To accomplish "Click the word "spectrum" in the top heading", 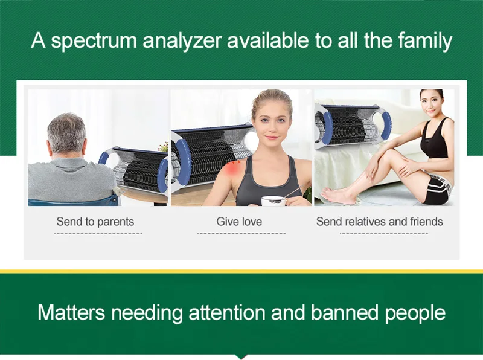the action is tap(94, 41).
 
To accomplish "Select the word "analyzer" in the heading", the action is tap(182, 40).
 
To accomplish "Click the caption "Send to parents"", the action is tap(95, 222).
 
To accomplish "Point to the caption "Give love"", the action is tap(239, 221).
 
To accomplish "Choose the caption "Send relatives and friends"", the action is tap(380, 221).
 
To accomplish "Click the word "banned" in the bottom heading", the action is tap(344, 312).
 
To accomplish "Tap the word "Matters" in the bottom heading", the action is tap(71, 312).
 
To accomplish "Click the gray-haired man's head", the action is tap(67, 133).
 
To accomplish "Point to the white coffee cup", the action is tap(273, 201).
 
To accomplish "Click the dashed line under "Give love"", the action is tap(241, 233).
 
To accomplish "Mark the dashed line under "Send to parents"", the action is tap(98, 234).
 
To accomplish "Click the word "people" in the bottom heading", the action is tap(415, 313).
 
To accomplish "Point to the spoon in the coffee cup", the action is tap(292, 193).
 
